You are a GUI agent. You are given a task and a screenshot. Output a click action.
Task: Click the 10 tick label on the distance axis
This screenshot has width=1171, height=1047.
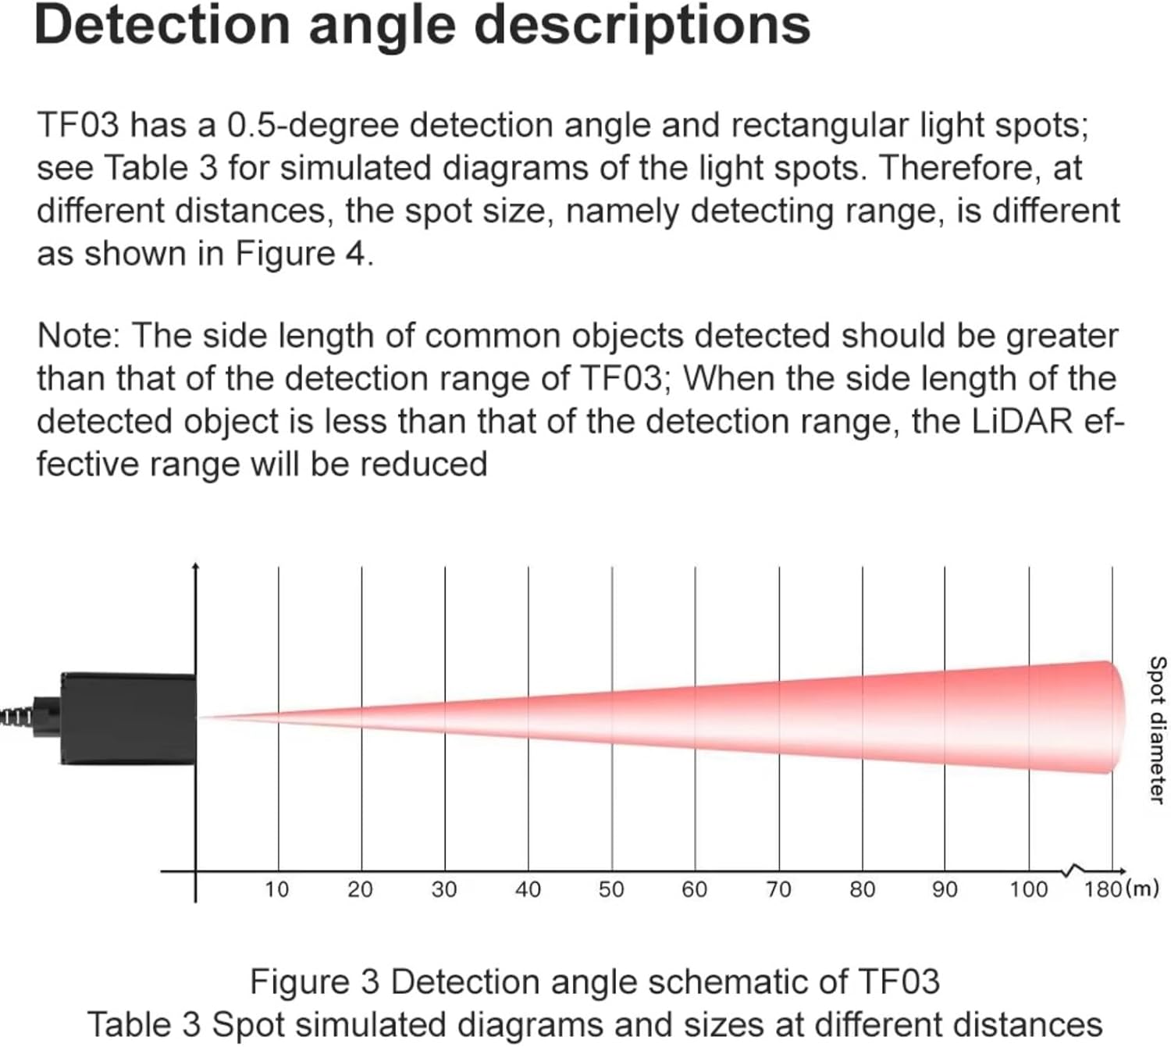276,889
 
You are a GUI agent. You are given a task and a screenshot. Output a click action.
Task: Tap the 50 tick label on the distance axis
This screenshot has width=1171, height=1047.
611,889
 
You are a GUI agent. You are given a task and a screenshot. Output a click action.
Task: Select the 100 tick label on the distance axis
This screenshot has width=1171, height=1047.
1028,889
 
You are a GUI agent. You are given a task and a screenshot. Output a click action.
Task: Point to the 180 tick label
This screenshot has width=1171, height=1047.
1102,889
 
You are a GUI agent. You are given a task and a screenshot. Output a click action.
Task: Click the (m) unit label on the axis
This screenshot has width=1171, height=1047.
1141,889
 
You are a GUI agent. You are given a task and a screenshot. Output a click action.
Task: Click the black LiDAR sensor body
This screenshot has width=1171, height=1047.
129,718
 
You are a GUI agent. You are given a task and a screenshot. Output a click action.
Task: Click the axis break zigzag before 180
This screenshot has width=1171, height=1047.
1075,870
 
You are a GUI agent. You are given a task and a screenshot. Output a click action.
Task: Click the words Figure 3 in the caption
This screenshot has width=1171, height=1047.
314,982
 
